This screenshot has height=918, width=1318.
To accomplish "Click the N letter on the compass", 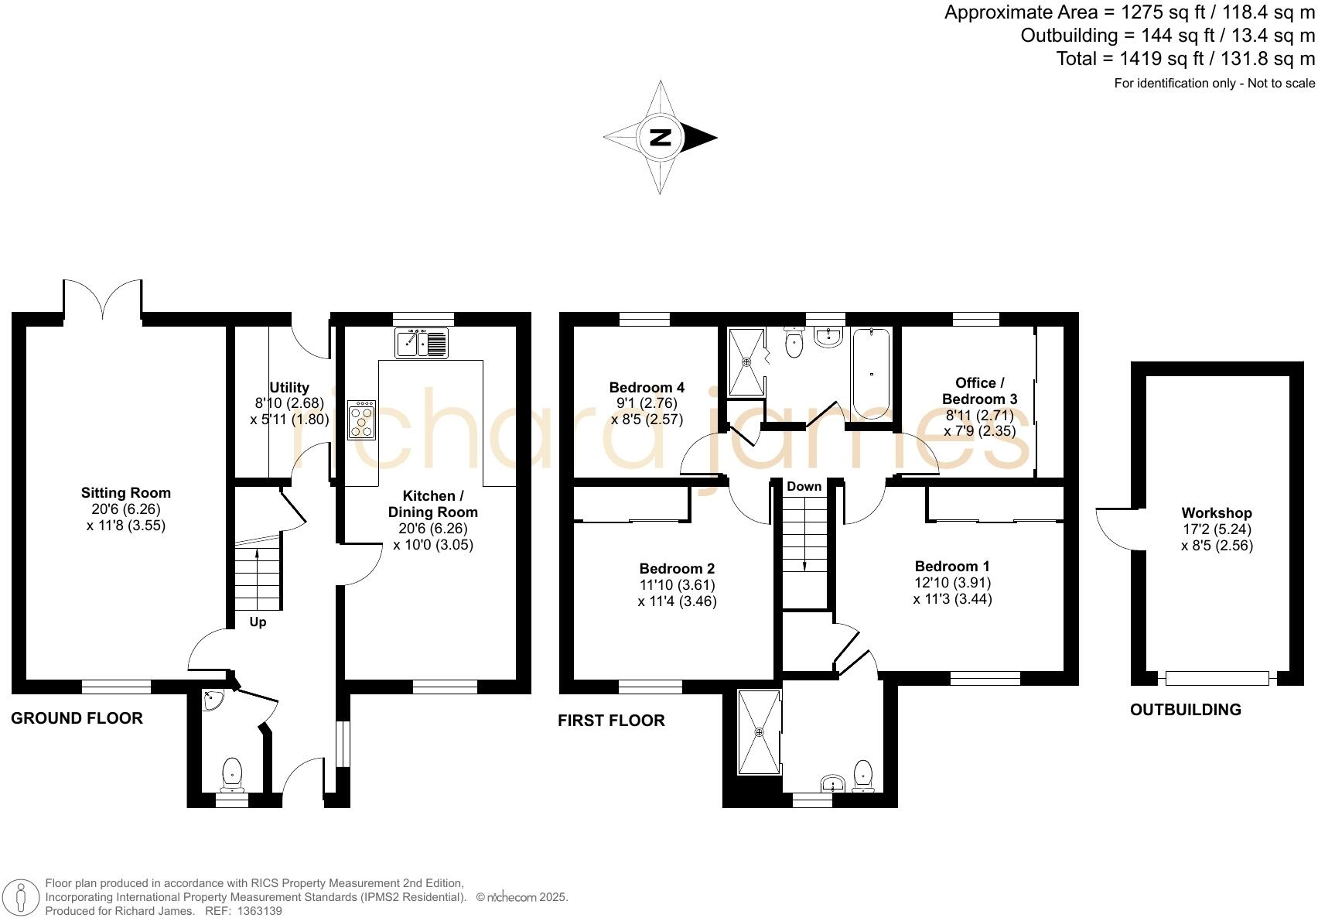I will pyautogui.click(x=660, y=138).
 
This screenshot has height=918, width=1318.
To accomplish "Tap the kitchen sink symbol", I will pyautogui.click(x=422, y=343).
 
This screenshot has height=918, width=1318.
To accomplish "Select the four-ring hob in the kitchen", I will pyautogui.click(x=361, y=420).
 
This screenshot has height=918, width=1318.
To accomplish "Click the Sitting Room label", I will pyautogui.click(x=126, y=493).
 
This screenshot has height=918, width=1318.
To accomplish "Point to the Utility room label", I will pyautogui.click(x=289, y=387).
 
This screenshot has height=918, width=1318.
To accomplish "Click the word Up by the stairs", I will pyautogui.click(x=258, y=622).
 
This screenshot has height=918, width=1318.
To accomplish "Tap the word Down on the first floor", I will pyautogui.click(x=804, y=486).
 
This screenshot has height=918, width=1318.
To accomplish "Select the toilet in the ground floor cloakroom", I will pyautogui.click(x=232, y=775).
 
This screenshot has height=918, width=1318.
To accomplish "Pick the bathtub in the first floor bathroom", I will pyautogui.click(x=872, y=373).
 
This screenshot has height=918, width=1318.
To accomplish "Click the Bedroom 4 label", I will pyautogui.click(x=647, y=387).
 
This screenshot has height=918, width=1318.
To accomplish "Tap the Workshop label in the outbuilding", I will pyautogui.click(x=1216, y=512).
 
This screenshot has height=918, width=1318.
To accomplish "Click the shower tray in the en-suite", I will pyautogui.click(x=759, y=731).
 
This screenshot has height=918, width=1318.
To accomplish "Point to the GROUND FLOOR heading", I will pyautogui.click(x=77, y=718).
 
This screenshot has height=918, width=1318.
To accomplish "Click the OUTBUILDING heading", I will pyautogui.click(x=1185, y=710).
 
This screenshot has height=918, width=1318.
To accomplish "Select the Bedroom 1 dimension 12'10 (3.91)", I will pyautogui.click(x=952, y=582).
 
